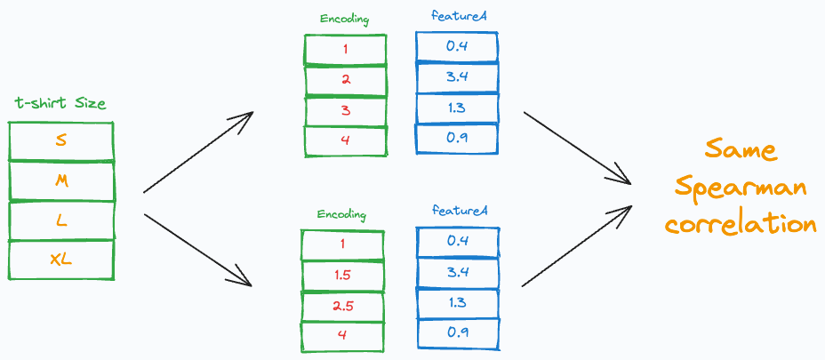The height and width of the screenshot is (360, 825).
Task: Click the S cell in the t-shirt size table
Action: [60, 140]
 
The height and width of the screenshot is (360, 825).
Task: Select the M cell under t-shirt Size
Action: [60, 180]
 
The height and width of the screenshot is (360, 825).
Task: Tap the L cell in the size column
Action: [60, 220]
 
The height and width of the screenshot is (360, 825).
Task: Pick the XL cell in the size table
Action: [60, 260]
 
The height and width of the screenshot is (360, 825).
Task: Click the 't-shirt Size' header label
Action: [60, 104]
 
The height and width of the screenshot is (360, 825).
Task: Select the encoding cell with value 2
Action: [346, 79]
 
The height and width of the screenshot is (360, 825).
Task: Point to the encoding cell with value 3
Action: [346, 109]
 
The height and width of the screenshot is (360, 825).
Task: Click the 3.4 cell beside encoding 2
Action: [456, 77]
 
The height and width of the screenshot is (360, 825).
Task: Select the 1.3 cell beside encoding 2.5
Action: [456, 303]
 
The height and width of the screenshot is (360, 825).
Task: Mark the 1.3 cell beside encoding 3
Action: [456, 108]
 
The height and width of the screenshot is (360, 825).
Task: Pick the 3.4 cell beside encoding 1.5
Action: [456, 273]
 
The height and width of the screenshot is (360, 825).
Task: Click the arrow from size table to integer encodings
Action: [197, 152]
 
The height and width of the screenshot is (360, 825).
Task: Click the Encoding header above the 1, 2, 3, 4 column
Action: [345, 19]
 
